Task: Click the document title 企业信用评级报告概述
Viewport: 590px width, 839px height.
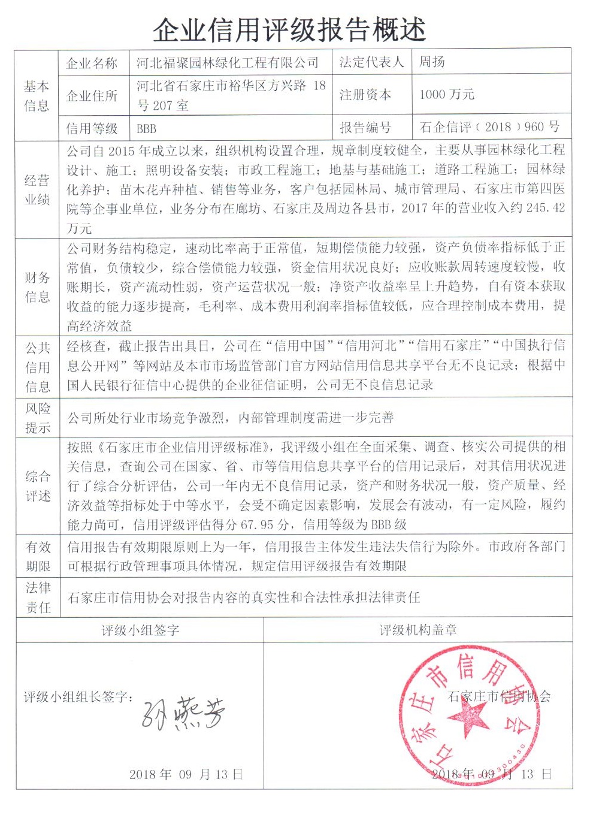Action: pyautogui.click(x=289, y=29)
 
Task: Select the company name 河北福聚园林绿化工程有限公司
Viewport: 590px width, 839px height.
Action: pyautogui.click(x=227, y=62)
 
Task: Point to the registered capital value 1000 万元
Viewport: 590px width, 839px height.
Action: pyautogui.click(x=446, y=94)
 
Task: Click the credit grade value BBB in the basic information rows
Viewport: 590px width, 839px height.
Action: pyautogui.click(x=146, y=128)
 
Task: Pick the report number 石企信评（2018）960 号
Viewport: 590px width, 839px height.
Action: pyautogui.click(x=489, y=127)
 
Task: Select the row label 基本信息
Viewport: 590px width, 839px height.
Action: pyautogui.click(x=37, y=96)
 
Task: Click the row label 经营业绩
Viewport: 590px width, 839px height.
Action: pyautogui.click(x=37, y=189)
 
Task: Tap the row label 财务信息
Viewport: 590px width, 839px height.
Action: pyautogui.click(x=37, y=287)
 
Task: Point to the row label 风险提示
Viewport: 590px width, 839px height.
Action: pyautogui.click(x=37, y=418)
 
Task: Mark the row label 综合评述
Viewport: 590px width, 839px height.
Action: pyautogui.click(x=37, y=486)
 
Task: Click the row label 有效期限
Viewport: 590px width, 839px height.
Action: pyautogui.click(x=37, y=556)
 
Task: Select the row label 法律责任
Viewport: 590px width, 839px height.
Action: pyautogui.click(x=37, y=597)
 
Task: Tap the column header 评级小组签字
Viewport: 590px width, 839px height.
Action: pyautogui.click(x=140, y=630)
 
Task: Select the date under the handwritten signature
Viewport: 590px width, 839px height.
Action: pyautogui.click(x=186, y=774)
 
